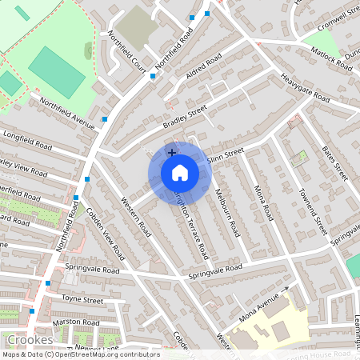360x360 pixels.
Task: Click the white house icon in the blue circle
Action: [x=180, y=173]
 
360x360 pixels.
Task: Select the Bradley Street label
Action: [x=185, y=116]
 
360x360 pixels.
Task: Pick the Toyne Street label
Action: [x=83, y=300]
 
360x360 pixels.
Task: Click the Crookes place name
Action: [x=28, y=339]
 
